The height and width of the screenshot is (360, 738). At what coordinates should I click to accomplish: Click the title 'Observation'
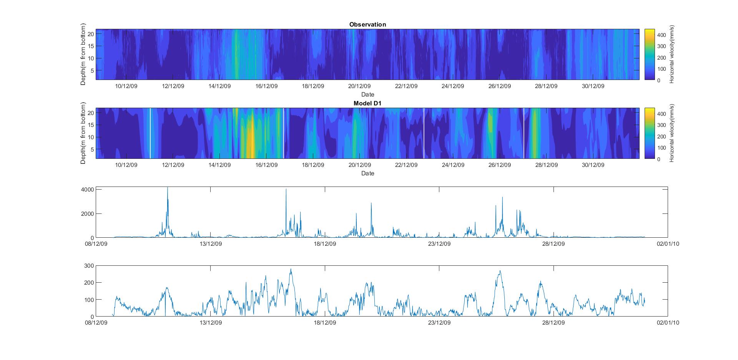[367, 25]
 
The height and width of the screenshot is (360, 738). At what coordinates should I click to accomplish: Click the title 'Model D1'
[367, 103]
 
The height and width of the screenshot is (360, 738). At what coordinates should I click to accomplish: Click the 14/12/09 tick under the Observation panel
[219, 86]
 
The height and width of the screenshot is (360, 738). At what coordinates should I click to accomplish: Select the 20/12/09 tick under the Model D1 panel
[359, 165]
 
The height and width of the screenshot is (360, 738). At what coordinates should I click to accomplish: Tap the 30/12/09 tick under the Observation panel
[593, 86]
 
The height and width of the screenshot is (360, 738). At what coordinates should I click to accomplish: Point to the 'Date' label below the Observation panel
[367, 94]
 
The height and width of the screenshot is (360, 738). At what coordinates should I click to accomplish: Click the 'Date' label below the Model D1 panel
[367, 173]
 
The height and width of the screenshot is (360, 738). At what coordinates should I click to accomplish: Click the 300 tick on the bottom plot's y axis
[89, 266]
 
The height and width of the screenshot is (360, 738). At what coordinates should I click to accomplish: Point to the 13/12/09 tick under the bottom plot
[211, 323]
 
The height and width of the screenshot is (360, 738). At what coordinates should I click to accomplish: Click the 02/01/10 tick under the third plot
[668, 244]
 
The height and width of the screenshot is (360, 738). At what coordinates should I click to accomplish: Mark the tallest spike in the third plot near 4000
[168, 188]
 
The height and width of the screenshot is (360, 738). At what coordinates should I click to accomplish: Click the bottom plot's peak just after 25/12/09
[500, 271]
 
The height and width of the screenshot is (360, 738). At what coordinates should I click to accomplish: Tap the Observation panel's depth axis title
[83, 54]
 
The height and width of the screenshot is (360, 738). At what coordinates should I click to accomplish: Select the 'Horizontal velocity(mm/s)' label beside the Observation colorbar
[672, 54]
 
